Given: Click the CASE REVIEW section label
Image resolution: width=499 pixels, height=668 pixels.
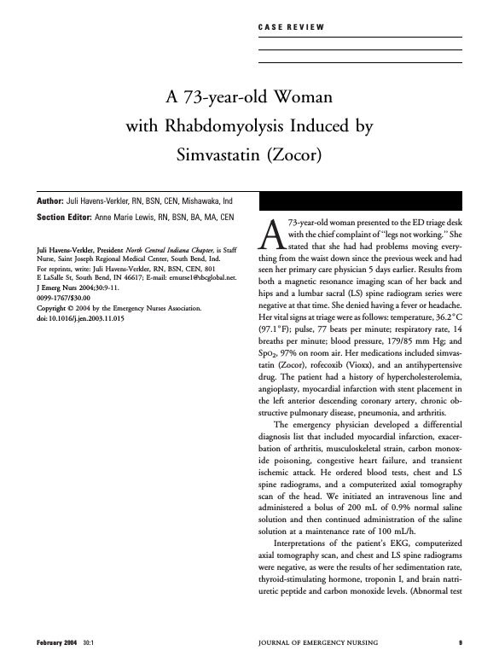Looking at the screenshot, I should coord(290,28).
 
